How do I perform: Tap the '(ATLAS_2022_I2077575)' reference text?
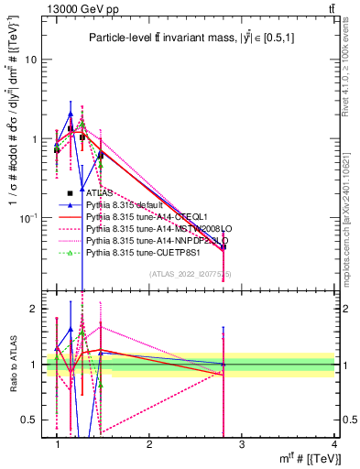point(191,274)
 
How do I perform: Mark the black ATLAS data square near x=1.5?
point(101,155)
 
